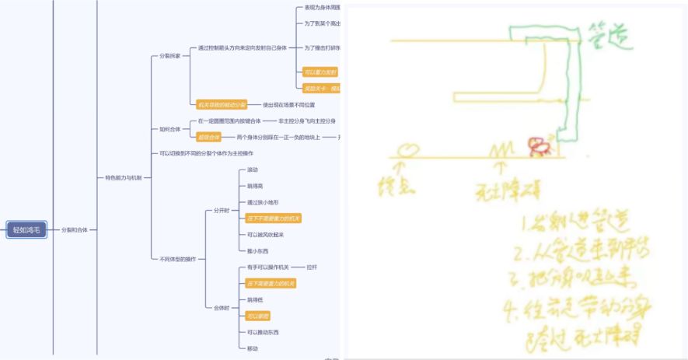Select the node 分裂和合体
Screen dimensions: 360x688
click(75, 230)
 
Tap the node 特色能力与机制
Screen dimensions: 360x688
click(123, 178)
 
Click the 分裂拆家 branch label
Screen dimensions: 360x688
click(169, 56)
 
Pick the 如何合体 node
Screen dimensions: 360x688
click(169, 129)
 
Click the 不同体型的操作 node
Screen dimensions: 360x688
click(177, 259)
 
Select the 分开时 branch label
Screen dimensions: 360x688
click(222, 210)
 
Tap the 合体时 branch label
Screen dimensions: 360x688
click(222, 307)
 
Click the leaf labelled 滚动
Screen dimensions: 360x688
click(253, 170)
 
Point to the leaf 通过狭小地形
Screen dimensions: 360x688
click(260, 202)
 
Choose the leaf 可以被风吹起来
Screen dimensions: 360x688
click(265, 235)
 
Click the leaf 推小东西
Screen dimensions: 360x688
click(257, 251)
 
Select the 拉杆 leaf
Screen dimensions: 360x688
click(312, 267)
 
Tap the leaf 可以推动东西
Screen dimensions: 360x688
click(263, 332)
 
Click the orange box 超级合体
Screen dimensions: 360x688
click(210, 137)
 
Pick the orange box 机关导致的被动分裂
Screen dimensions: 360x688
click(222, 104)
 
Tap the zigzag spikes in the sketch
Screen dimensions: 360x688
click(501, 147)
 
